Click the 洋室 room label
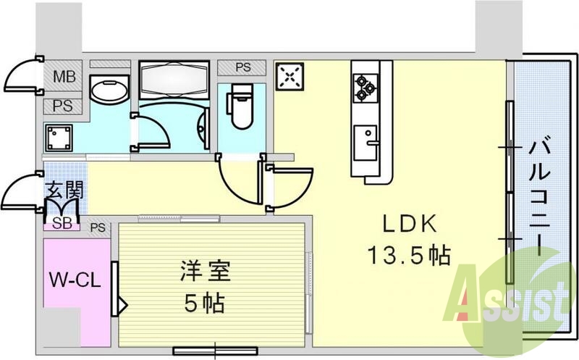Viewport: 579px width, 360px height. coord(204,274)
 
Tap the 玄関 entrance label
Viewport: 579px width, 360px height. coord(64,192)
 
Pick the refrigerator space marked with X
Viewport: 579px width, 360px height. coord(291,76)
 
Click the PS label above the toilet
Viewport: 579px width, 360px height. coord(242,67)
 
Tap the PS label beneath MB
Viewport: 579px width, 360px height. coord(61,106)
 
